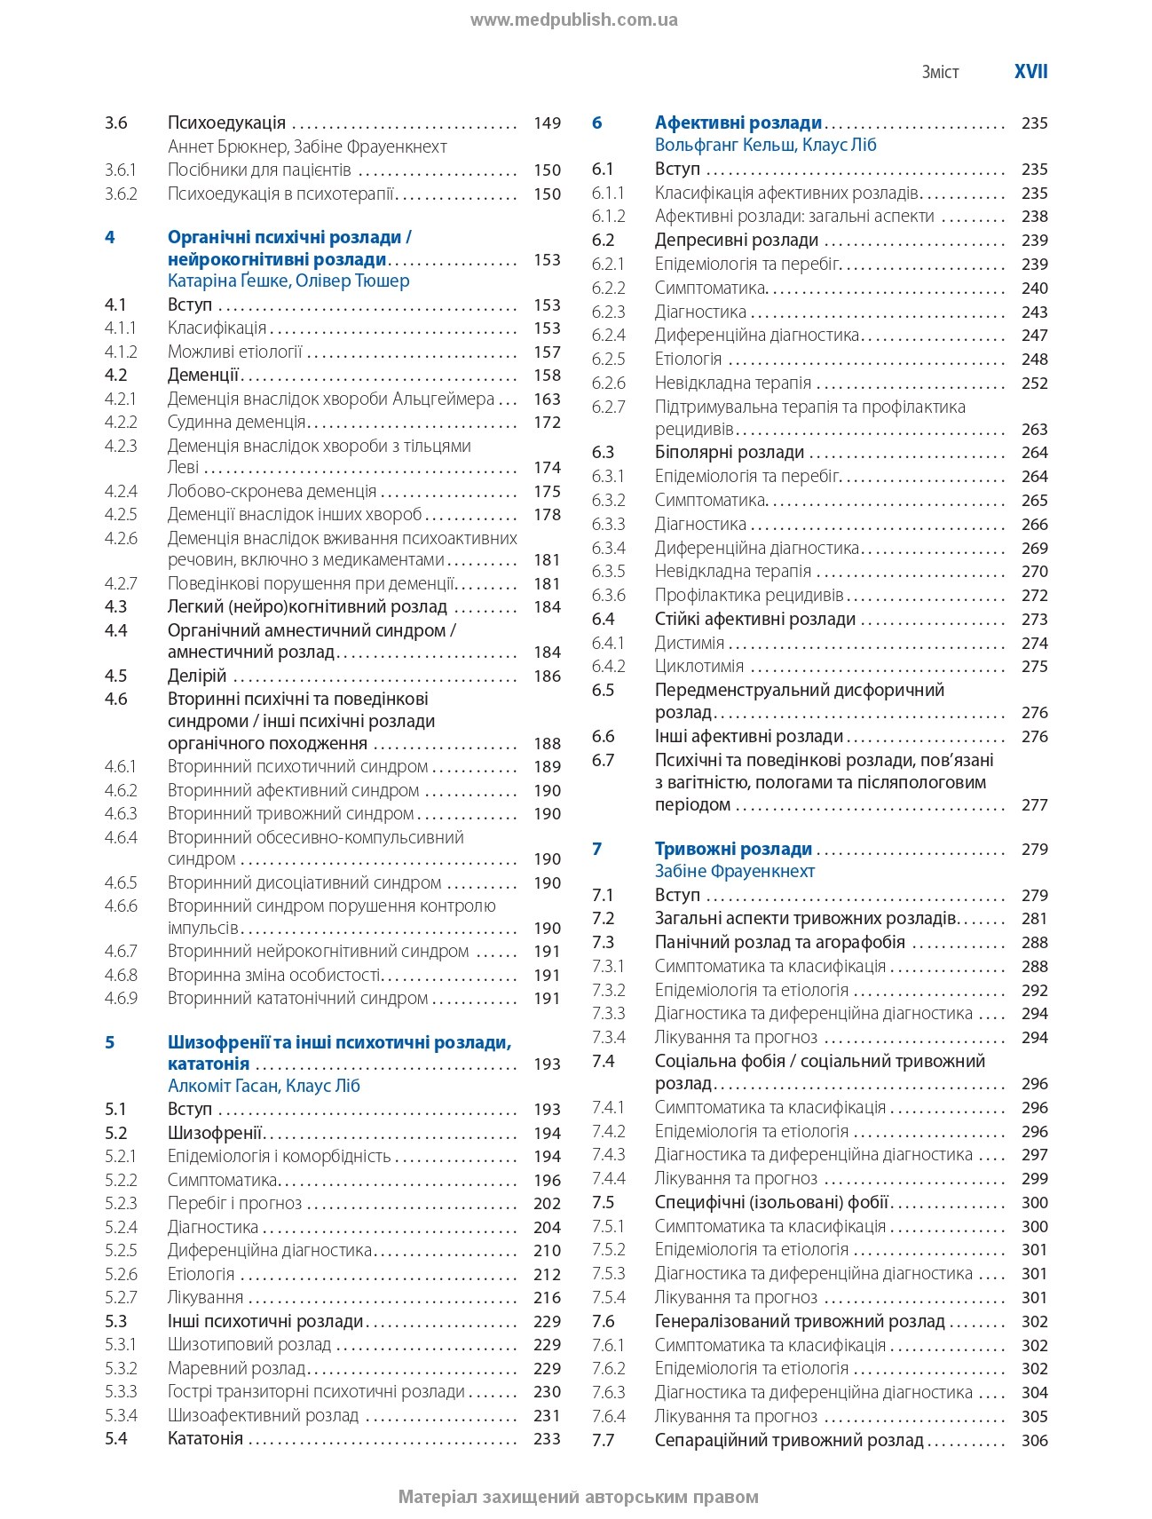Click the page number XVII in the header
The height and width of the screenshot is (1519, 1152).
pos(1030,72)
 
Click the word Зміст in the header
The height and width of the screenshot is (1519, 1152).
pos(940,73)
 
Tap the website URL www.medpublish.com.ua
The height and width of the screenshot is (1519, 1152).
pos(573,20)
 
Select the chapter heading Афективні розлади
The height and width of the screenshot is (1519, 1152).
pos(738,123)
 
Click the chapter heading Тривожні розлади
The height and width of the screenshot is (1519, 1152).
pos(733,849)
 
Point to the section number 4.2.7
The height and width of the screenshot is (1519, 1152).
pos(121,583)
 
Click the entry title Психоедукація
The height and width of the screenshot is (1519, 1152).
pos(226,123)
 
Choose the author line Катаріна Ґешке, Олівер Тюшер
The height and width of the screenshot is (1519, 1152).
pos(288,281)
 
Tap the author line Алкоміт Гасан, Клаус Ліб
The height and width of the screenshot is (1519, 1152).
pos(264,1086)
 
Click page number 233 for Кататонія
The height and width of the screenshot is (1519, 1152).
pos(547,1438)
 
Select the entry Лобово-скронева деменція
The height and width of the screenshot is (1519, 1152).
pos(272,491)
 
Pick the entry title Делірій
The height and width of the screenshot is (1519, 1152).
pos(197,676)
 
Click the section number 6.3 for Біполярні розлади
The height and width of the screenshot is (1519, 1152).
pos(603,452)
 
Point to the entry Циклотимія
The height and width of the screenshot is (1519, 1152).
pos(699,666)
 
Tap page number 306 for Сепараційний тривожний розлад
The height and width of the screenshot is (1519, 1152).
pos(1034,1440)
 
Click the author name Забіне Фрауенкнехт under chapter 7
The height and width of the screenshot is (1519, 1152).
pos(735,871)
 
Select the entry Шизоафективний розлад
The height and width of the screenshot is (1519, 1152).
pos(263,1415)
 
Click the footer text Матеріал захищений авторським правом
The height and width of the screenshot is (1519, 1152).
pos(578,1497)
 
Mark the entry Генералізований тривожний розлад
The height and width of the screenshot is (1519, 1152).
pos(800,1321)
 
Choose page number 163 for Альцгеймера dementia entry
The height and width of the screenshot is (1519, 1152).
pos(547,399)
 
